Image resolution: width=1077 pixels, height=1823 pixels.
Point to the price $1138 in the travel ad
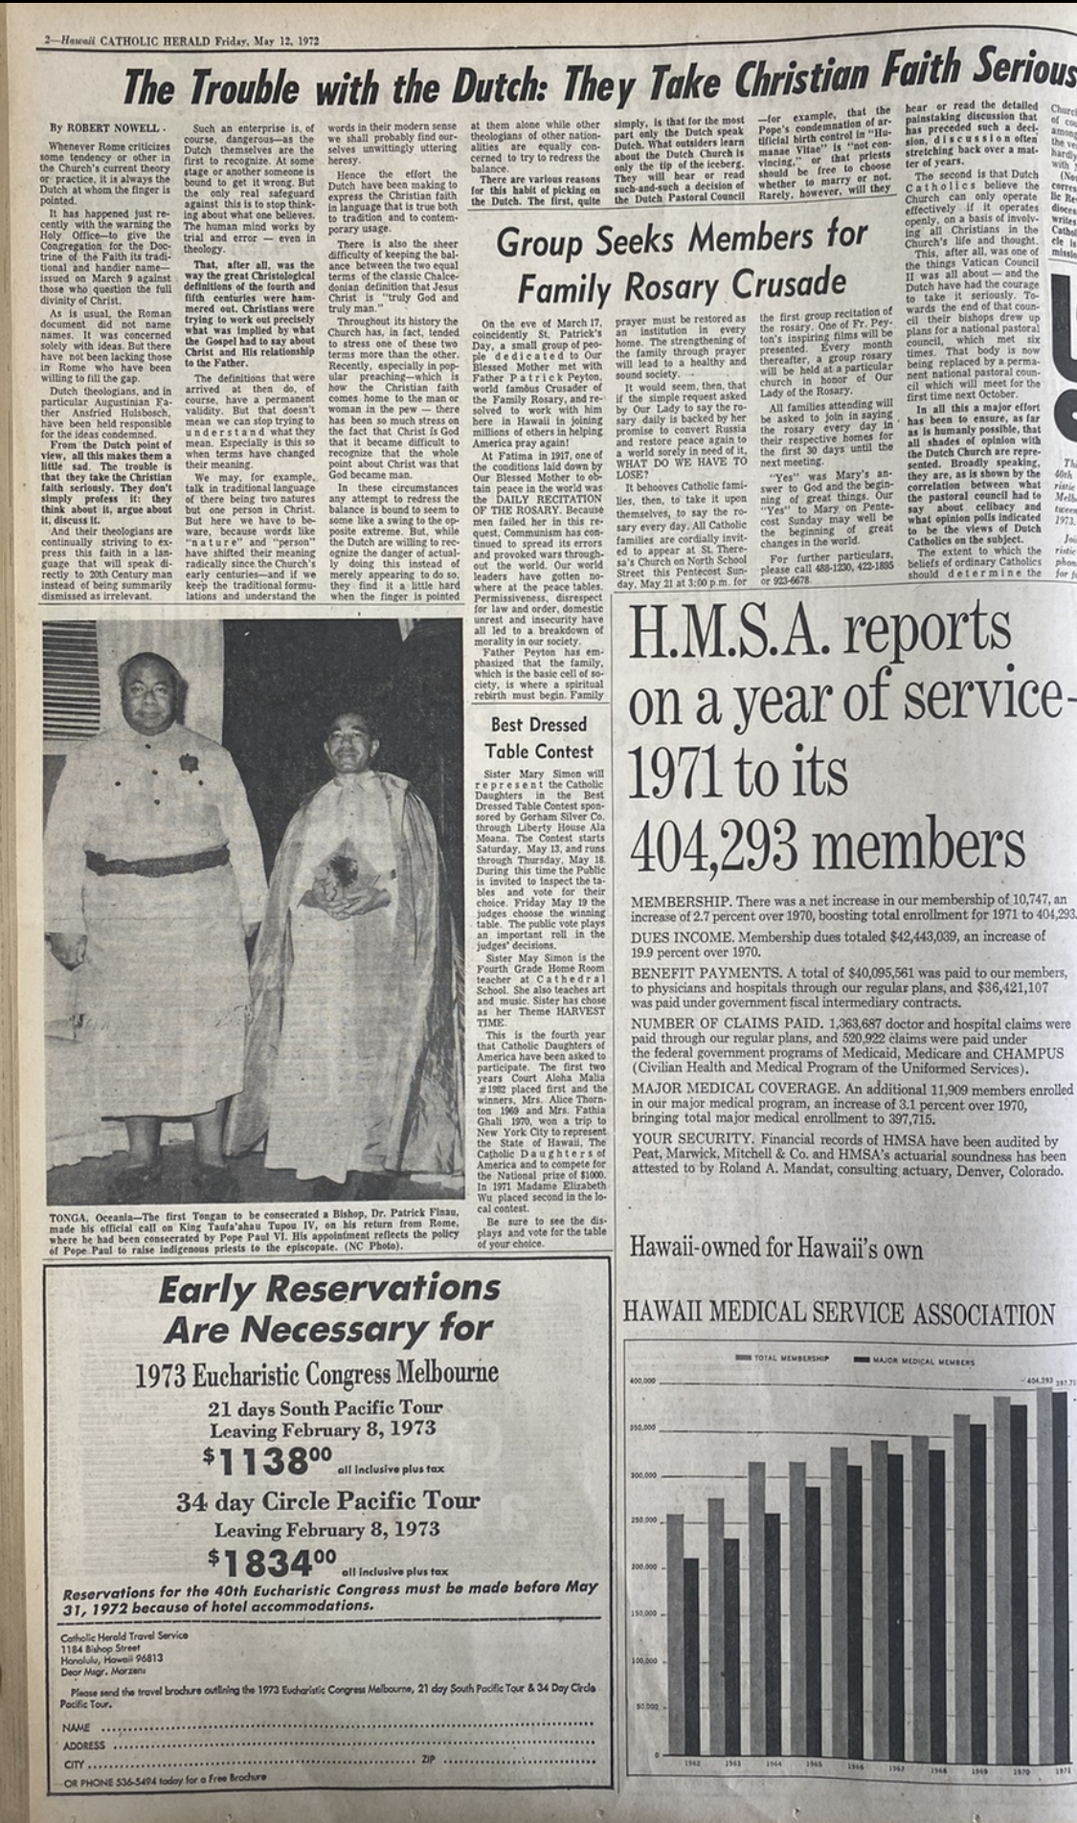(x=267, y=1462)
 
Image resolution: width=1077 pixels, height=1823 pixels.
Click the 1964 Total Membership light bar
(x=756, y=1609)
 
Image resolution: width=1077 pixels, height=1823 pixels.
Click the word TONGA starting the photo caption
(x=66, y=1217)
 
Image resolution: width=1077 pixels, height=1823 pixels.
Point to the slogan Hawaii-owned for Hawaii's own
(x=776, y=1249)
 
